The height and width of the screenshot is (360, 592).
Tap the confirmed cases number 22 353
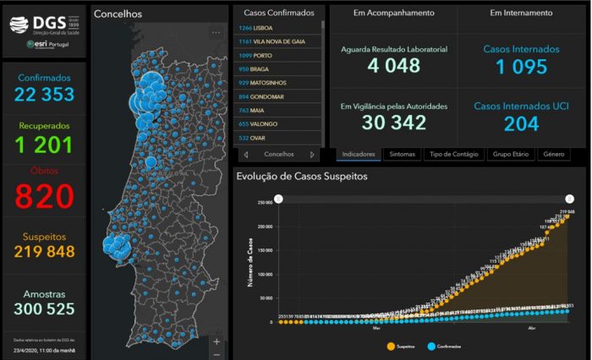click(43, 93)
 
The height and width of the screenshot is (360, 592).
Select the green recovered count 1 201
click(43, 145)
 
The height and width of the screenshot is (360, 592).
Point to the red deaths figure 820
click(43, 196)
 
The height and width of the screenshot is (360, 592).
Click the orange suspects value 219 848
click(43, 251)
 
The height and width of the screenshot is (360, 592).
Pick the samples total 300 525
click(43, 308)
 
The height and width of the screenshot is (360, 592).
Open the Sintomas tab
click(403, 155)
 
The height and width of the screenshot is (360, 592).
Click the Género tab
click(554, 155)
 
